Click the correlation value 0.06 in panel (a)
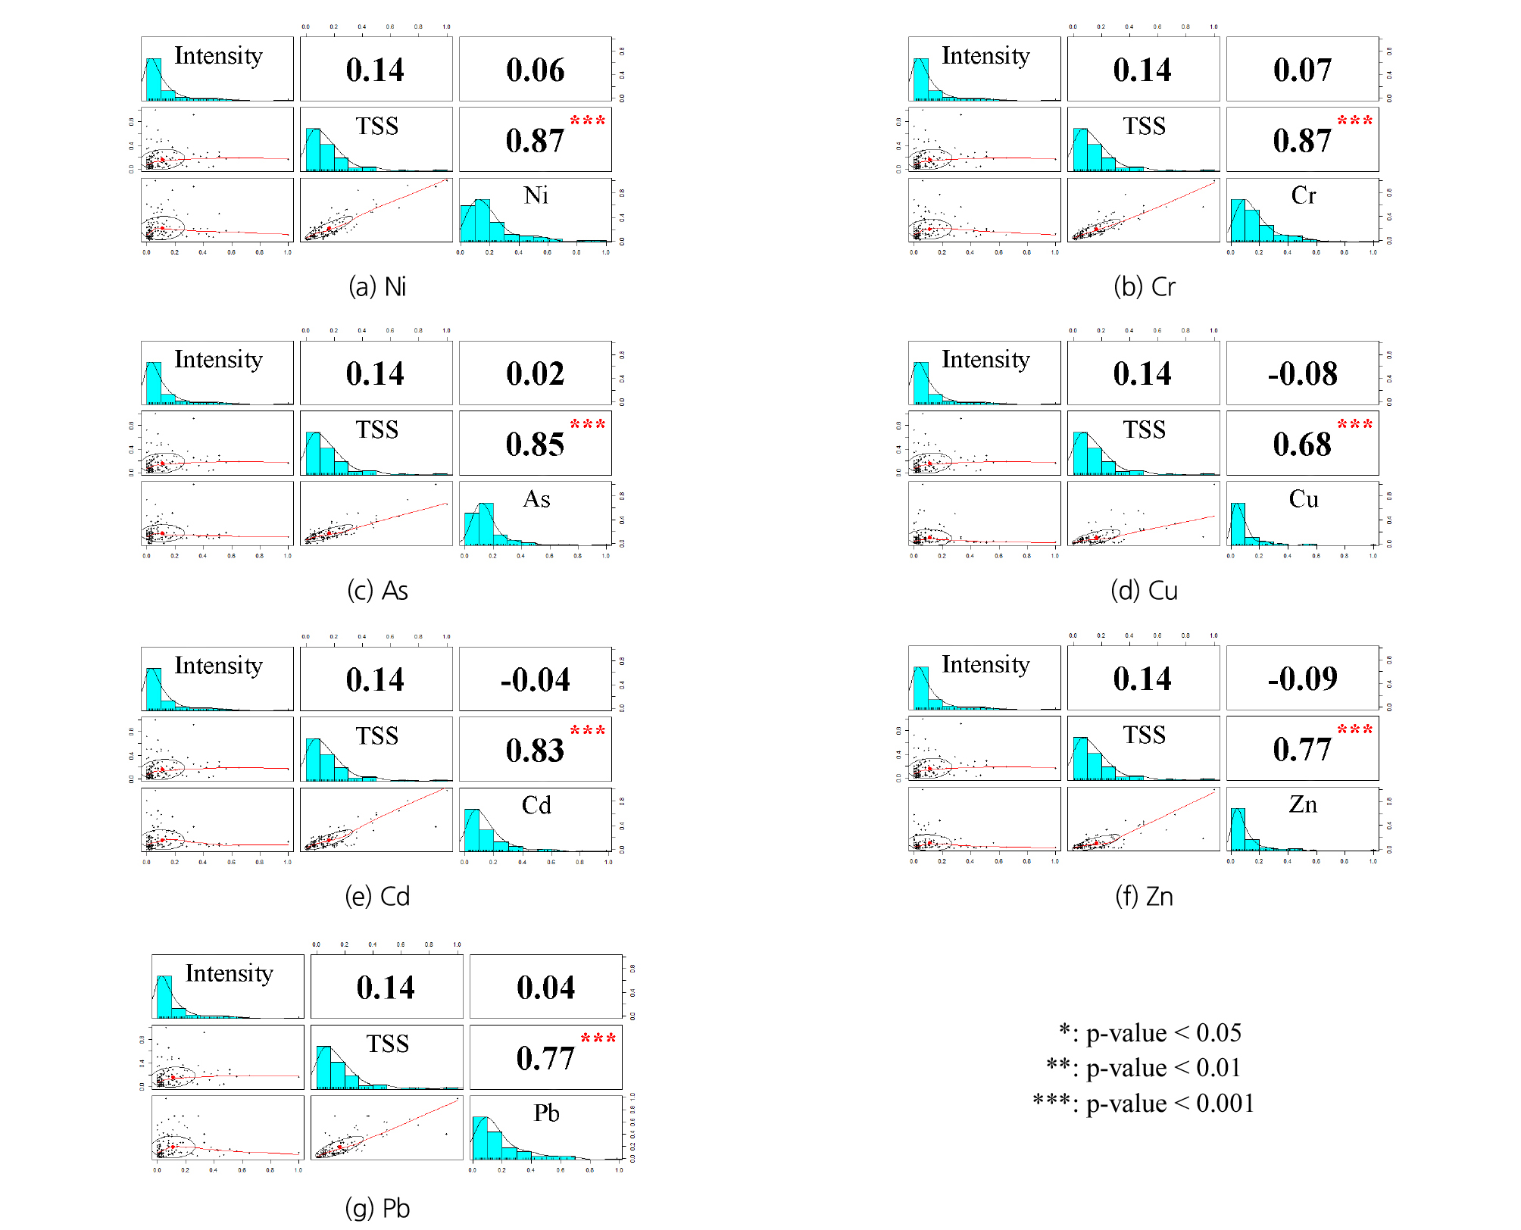535,70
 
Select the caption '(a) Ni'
377,287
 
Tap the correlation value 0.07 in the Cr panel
1302,70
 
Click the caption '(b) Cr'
1144,287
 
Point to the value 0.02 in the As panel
535,374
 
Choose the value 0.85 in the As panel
535,445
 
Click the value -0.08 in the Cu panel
1302,374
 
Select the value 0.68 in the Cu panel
1301,445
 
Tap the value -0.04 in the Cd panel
535,680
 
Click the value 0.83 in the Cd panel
535,751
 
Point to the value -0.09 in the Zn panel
1302,679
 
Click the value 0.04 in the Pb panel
545,988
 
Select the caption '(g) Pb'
377,1208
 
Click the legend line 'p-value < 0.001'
1144,1103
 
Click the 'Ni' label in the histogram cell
536,195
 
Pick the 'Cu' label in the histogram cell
1304,499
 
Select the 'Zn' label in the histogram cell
1303,804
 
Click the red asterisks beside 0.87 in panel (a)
588,120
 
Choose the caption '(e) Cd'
377,897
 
